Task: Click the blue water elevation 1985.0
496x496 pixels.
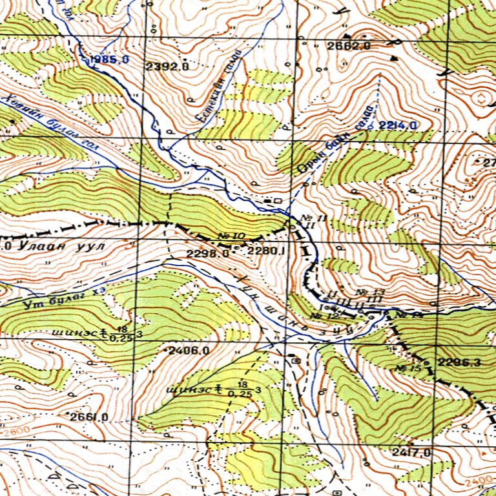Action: point(110,60)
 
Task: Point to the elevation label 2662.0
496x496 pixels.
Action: point(348,46)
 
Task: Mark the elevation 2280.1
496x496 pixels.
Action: point(265,251)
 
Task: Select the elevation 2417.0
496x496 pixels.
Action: point(411,452)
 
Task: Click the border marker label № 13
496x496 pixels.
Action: point(375,293)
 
